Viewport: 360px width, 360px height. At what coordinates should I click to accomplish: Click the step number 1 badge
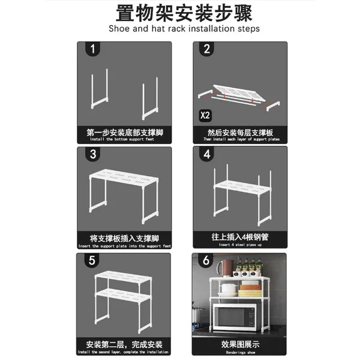coord(93,49)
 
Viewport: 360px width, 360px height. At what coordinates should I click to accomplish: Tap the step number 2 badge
coord(207,49)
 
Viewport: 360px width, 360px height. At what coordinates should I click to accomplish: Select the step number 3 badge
coord(93,155)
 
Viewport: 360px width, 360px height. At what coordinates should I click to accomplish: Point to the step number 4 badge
coord(207,155)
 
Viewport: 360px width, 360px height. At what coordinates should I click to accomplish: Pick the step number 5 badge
coord(93,260)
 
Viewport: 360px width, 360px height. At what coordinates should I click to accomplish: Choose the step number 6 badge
coord(207,260)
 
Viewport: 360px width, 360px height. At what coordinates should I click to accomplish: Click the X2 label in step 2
coord(205,114)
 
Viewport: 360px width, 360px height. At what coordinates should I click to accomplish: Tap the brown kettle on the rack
coord(224,268)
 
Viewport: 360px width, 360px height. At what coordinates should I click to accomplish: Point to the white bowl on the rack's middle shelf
coord(229,288)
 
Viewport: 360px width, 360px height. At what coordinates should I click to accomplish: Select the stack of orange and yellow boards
coord(250,290)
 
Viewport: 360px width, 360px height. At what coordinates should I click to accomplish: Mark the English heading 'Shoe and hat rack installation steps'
coord(184,29)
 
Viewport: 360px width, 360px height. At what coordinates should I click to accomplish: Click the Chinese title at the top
coord(184,12)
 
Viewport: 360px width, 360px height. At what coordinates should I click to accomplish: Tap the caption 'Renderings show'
coord(240,353)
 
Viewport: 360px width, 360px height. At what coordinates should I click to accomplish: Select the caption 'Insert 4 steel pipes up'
coord(240,245)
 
